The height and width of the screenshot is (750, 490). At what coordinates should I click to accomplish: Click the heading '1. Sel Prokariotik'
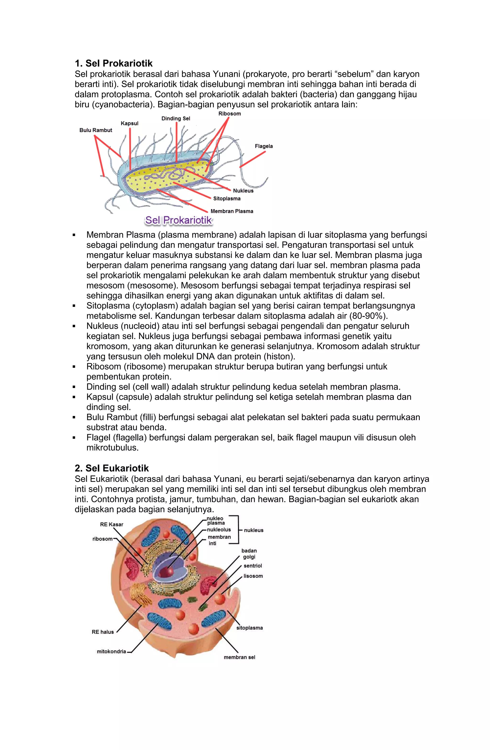113,63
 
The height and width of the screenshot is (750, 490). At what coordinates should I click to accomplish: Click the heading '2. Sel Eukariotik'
111,468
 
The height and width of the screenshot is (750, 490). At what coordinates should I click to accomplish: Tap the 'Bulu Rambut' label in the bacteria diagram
96,130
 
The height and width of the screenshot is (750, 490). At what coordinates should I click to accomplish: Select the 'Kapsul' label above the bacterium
129,123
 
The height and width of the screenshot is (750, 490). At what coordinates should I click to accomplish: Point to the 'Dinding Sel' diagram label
176,119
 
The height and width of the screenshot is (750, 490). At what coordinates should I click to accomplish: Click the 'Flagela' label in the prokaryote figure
264,146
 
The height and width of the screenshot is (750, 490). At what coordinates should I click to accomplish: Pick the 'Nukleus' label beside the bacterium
243,191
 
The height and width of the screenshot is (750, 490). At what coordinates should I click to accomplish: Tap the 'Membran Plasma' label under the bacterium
232,211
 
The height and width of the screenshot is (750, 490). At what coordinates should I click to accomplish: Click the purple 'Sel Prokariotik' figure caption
178,220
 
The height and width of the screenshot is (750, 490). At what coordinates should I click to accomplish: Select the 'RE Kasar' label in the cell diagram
111,524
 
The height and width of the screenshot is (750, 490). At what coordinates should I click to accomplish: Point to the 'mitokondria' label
111,651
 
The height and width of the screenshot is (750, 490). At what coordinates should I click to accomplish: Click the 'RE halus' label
103,632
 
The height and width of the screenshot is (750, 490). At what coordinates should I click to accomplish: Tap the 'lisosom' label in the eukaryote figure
253,576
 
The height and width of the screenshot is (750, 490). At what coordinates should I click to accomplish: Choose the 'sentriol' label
253,566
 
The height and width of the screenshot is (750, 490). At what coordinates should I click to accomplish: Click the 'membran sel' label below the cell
239,657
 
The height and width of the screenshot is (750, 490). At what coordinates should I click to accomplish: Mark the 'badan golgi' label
249,554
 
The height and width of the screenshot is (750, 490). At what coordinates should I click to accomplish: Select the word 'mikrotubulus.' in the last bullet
112,448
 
